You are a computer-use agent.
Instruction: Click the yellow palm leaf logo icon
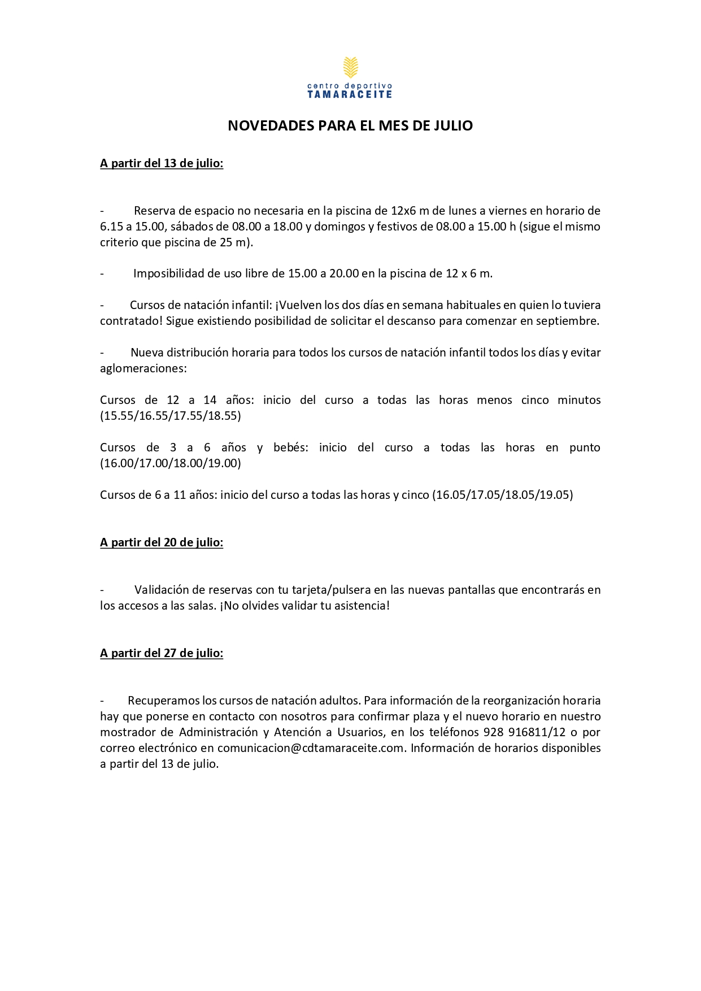[x=350, y=67]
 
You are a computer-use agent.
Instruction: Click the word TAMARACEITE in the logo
[x=350, y=94]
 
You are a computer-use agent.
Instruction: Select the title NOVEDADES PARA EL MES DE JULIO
[x=350, y=125]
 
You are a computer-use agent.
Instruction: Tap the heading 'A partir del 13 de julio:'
[x=162, y=163]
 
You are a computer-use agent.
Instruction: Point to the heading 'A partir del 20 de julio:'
[x=162, y=542]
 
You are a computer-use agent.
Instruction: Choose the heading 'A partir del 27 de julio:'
[x=162, y=653]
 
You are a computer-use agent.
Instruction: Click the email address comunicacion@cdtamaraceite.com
[x=311, y=748]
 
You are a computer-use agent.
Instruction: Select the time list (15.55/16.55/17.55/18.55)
[x=171, y=416]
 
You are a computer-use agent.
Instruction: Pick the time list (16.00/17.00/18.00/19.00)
[x=171, y=463]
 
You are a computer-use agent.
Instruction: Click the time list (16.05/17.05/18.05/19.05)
[x=503, y=495]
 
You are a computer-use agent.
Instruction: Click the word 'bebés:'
[x=291, y=447]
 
